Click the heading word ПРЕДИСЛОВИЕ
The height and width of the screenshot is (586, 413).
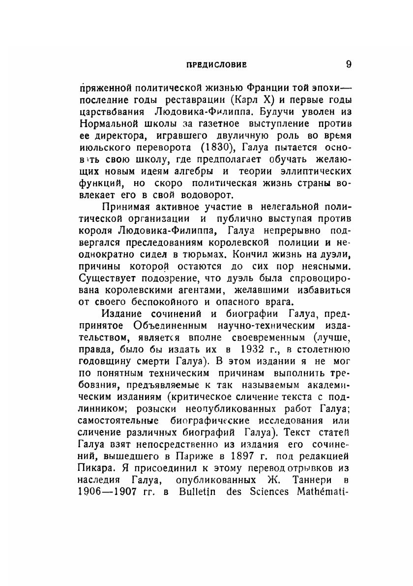pos(213,64)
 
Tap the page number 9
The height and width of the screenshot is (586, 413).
pos(348,64)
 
